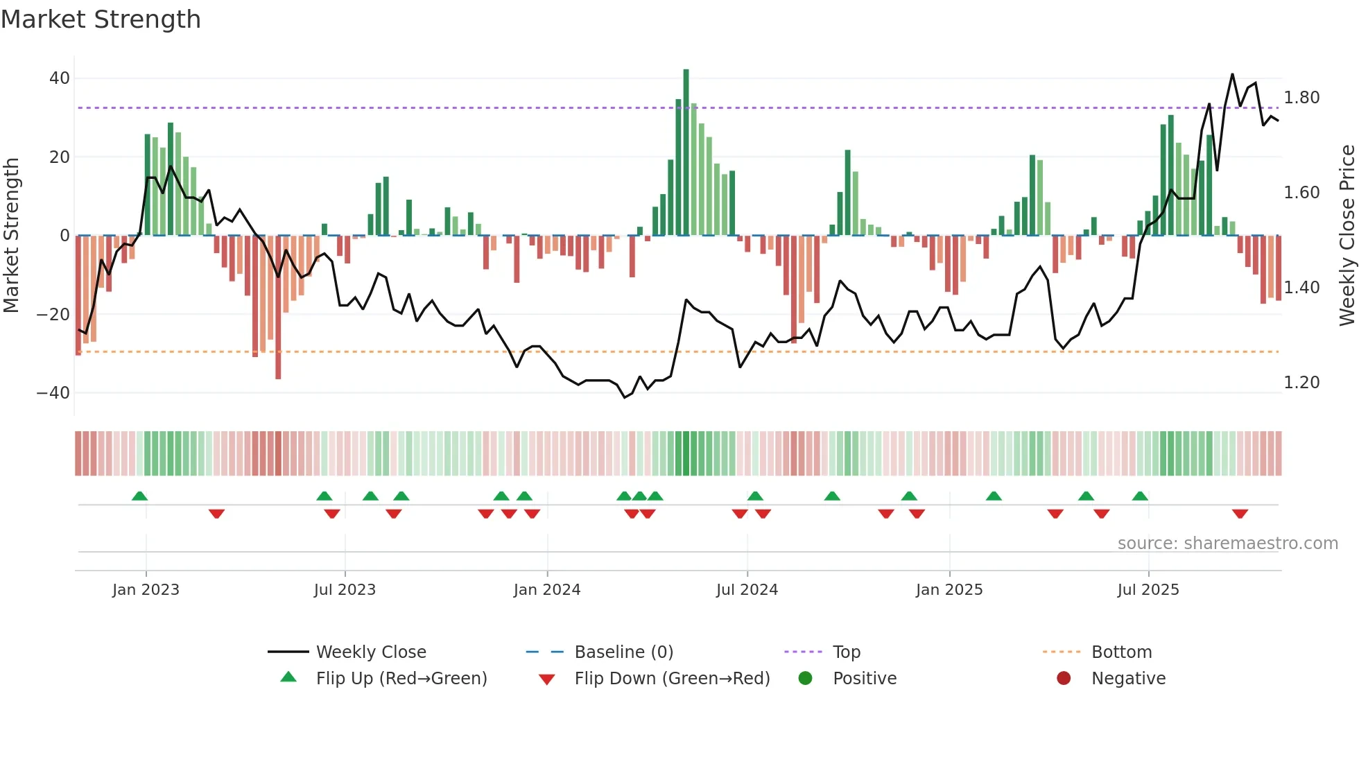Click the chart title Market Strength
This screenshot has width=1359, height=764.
(x=101, y=19)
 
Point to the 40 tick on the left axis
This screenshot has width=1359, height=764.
(x=60, y=78)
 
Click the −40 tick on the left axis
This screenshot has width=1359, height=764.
(x=53, y=393)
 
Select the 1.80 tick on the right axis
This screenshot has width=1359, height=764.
(x=1301, y=98)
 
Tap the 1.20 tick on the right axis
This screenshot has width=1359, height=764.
(x=1301, y=383)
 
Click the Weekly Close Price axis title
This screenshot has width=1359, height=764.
(x=1347, y=235)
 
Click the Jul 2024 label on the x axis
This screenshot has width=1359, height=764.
(x=747, y=590)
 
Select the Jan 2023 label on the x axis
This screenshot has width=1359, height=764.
(x=146, y=590)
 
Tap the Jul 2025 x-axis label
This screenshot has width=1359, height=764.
(x=1148, y=590)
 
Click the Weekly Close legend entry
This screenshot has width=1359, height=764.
(x=371, y=652)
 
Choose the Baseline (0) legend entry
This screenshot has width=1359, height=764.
(x=623, y=652)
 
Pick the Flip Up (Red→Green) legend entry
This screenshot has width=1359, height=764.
(x=401, y=679)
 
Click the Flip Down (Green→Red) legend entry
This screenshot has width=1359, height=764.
(x=672, y=679)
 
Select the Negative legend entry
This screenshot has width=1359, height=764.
(x=1128, y=679)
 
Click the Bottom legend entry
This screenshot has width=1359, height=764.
(x=1121, y=652)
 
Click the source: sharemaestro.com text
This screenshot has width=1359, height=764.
(x=1227, y=544)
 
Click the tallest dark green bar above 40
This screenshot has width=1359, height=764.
(x=686, y=153)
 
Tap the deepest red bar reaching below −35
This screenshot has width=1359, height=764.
(x=278, y=307)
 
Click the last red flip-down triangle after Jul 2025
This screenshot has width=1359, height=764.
(x=1240, y=514)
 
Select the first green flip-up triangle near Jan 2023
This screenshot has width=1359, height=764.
(x=139, y=496)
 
